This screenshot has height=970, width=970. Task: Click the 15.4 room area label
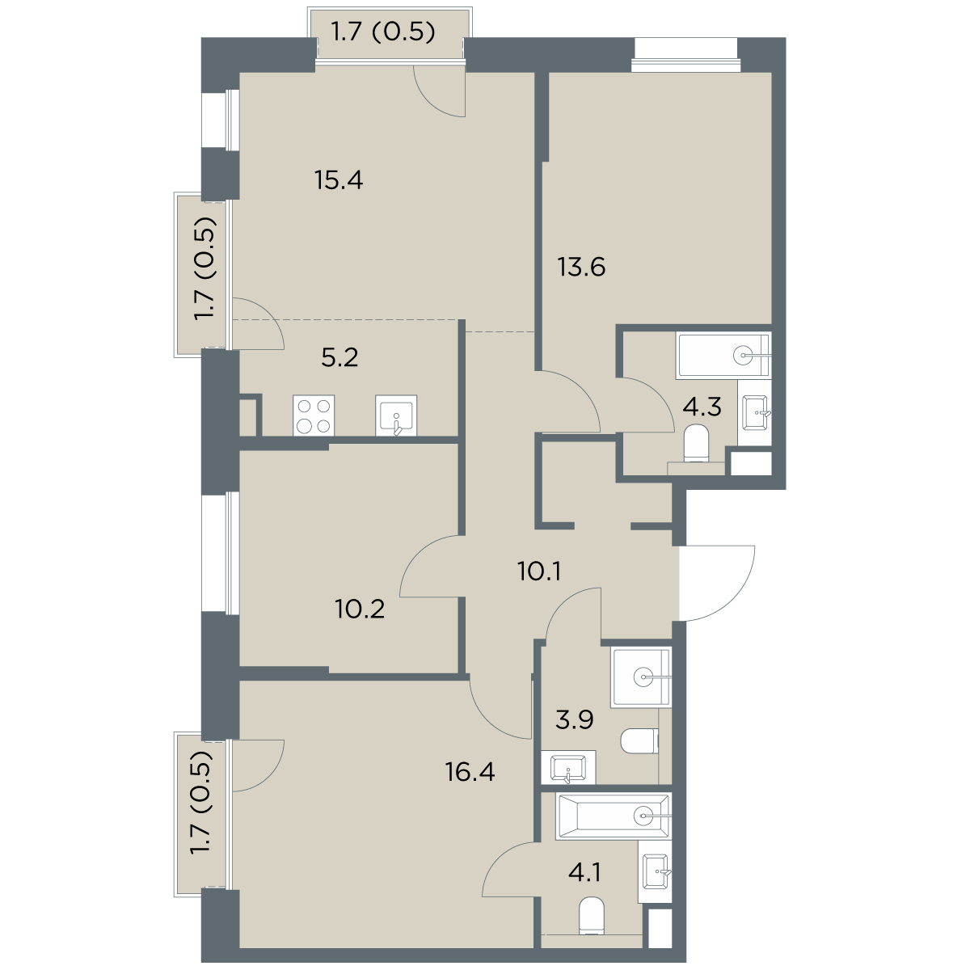coord(339,180)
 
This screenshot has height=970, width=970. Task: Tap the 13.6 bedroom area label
coord(581,267)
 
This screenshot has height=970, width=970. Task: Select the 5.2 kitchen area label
coord(339,358)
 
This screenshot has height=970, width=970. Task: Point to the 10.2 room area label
coord(360,609)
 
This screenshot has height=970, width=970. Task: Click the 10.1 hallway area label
coord(539,571)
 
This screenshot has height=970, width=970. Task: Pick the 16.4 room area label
coord(470,772)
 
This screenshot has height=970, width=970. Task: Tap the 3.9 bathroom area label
coord(575,720)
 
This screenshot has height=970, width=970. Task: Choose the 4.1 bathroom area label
coord(584,872)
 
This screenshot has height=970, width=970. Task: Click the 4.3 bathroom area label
coord(702,407)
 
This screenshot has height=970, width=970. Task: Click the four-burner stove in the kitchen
coord(314,415)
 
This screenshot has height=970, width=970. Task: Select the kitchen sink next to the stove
coord(396,415)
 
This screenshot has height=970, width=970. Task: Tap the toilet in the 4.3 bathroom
coord(696,443)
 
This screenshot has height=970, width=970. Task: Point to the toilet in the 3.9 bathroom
coord(639,741)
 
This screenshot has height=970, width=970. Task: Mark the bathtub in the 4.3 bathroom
coord(724,356)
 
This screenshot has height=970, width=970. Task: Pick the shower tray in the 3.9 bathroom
coord(641,677)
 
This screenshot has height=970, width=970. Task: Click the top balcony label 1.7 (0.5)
coord(382,32)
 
